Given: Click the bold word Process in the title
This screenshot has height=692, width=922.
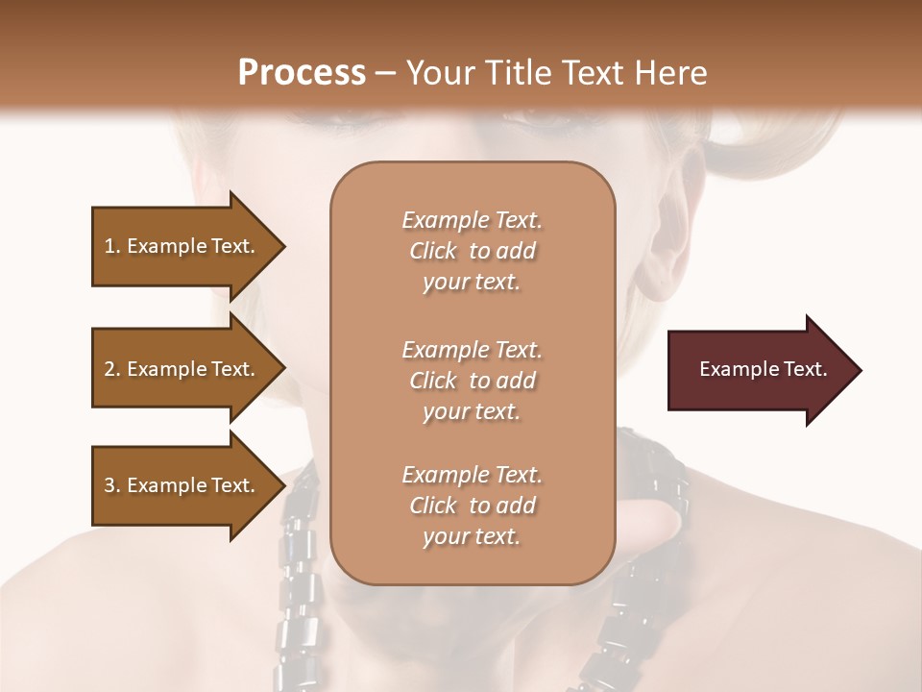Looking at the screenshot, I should pos(302,73).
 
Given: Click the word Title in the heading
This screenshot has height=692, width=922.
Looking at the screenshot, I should pos(519,73).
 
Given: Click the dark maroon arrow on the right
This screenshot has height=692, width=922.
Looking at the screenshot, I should pos(759,370).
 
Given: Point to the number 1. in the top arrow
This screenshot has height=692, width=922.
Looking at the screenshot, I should pos(112,246).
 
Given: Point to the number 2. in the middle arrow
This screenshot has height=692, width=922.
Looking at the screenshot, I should pos(112,369).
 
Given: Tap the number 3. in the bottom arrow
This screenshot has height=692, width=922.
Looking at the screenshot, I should pos(112,485).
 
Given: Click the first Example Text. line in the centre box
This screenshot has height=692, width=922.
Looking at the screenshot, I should pos(472,220).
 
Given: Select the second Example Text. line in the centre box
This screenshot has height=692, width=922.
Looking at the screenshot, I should pos(472,350).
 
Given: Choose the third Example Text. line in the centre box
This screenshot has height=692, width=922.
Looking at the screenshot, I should pos(472,475).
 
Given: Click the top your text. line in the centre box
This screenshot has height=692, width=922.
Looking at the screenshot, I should pos(472,283).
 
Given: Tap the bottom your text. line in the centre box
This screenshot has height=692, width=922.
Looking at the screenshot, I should pos(472,537).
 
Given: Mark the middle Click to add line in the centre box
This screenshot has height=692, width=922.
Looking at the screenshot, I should pos(472,381).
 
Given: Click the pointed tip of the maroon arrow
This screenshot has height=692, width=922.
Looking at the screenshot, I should pos(858,370).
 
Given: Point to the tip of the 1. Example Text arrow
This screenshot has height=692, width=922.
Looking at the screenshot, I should pos(281,246).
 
